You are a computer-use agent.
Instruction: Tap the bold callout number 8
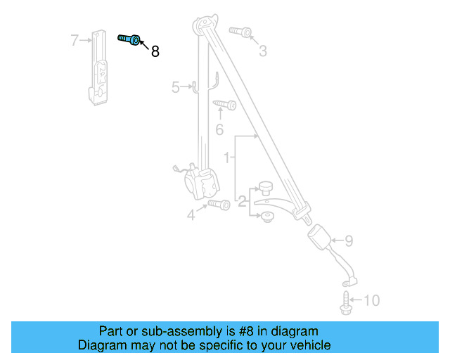[155, 51]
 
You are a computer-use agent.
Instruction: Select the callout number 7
[75, 40]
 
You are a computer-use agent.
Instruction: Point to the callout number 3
[262, 51]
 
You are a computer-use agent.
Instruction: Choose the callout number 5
[176, 87]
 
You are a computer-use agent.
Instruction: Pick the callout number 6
[219, 129]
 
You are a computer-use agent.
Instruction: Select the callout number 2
[241, 203]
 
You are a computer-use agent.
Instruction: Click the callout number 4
[191, 215]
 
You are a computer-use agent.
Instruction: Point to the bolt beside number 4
[219, 205]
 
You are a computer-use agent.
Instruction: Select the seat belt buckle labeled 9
[322, 236]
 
